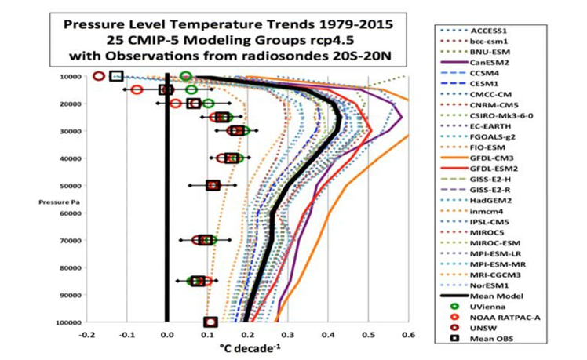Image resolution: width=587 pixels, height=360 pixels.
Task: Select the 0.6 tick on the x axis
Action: [407, 334]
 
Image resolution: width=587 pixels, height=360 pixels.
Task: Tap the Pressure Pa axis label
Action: [53, 202]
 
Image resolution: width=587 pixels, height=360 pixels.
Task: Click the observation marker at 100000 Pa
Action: [210, 322]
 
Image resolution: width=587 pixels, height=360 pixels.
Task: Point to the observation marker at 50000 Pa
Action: [213, 185]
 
